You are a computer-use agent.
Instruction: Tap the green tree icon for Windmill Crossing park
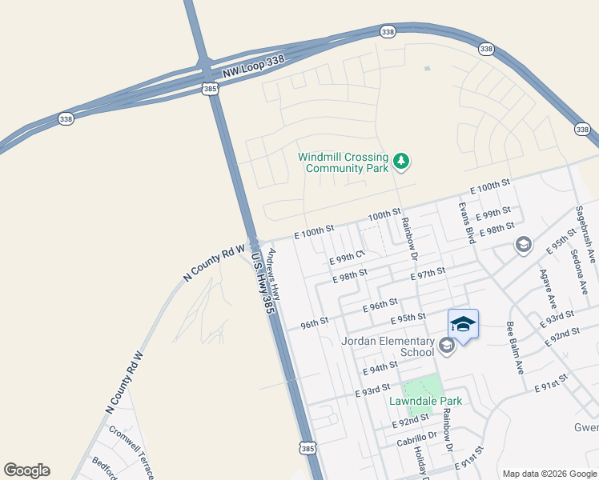pos(401,162)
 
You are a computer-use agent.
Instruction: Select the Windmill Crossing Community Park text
pos(343,162)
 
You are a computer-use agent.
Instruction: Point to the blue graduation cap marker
pos(463,325)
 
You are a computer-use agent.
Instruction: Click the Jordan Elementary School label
pos(388,347)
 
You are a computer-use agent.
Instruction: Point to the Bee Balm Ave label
pos(513,348)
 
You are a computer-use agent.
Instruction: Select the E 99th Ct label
pos(347,258)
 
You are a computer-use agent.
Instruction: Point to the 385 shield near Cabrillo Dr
pos(308,450)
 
